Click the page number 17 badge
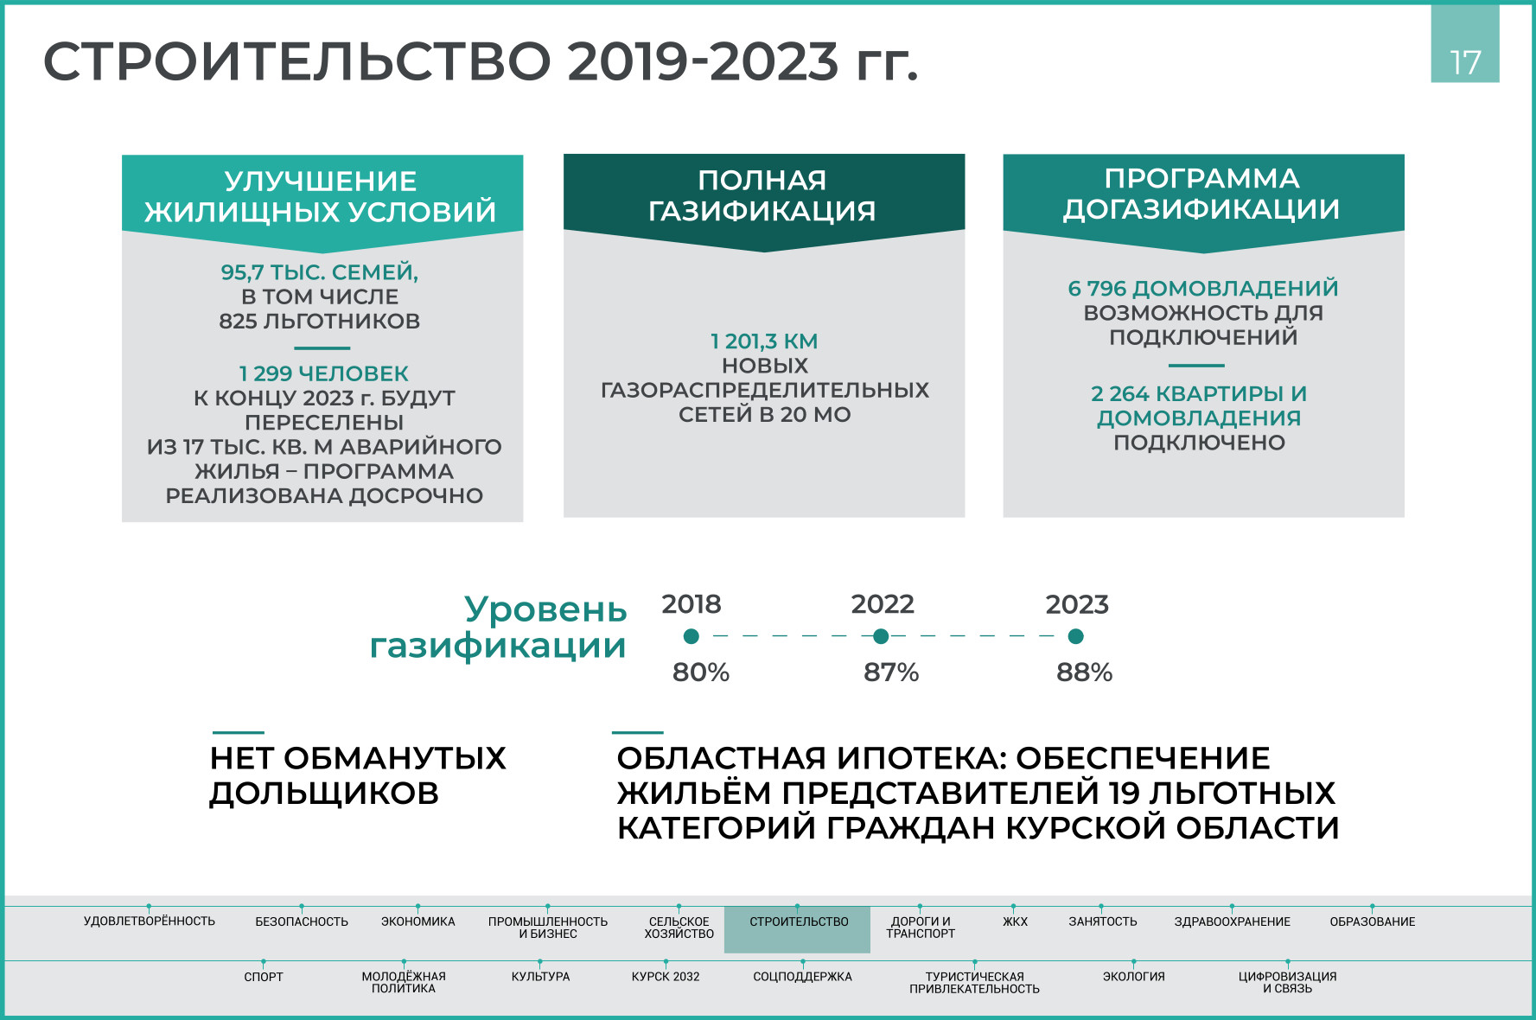1465,44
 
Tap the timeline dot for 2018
691,636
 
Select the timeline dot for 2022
881,636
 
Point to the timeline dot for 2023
1075,636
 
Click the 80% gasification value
701,673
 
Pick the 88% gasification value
1084,673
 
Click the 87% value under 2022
891,673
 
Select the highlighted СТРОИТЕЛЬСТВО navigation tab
798,929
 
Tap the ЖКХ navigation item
1015,921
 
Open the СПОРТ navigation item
264,977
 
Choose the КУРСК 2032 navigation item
666,977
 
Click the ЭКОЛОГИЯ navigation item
1133,977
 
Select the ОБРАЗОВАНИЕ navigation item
1373,921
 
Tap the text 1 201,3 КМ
764,341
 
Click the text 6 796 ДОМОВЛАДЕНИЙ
1203,288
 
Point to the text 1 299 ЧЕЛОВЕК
323,373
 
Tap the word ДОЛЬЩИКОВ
324,793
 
